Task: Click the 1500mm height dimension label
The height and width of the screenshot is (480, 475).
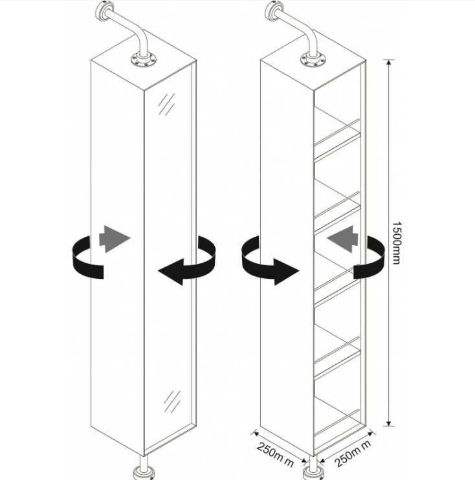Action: (396, 243)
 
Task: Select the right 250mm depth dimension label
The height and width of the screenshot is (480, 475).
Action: (352, 453)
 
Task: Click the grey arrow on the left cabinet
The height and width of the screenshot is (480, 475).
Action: (115, 239)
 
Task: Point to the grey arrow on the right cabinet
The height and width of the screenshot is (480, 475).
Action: (342, 239)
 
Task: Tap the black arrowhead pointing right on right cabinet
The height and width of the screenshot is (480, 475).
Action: (286, 272)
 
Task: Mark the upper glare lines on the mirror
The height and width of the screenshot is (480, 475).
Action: (166, 104)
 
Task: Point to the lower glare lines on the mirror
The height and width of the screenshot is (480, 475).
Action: (171, 402)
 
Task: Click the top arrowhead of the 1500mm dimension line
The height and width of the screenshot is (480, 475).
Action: (389, 63)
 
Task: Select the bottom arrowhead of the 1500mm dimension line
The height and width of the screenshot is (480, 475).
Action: (389, 423)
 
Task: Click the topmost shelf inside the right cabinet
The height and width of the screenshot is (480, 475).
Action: (337, 135)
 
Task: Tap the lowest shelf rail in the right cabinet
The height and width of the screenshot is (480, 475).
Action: (337, 422)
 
